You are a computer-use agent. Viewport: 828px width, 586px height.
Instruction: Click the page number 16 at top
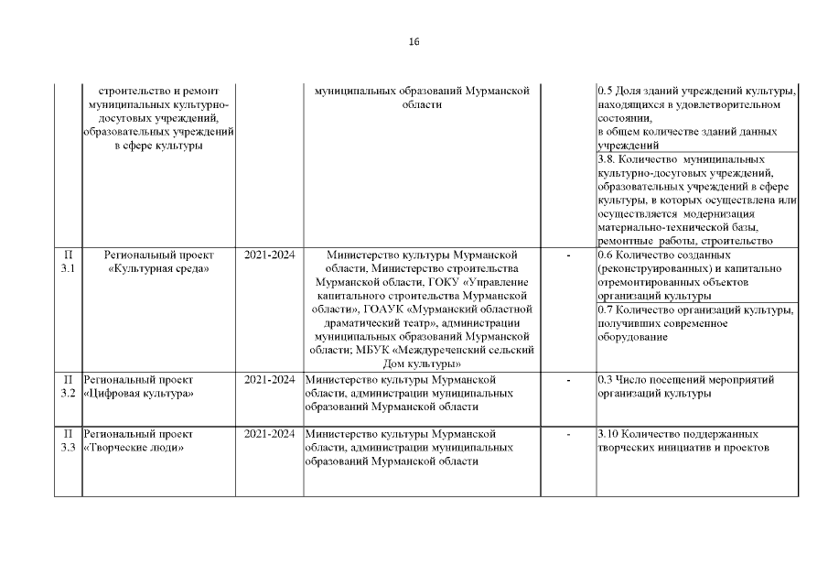tap(414, 42)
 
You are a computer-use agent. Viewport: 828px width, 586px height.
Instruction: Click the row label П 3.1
tap(67, 262)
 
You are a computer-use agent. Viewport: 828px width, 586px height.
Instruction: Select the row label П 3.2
tap(67, 386)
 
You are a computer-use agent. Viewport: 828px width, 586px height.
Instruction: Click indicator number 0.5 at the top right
tap(604, 92)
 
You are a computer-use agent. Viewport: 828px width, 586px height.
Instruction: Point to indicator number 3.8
tap(604, 159)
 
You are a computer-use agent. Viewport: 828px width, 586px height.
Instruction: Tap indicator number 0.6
tap(604, 255)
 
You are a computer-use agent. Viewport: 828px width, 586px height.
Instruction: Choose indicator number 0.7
tap(604, 310)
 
